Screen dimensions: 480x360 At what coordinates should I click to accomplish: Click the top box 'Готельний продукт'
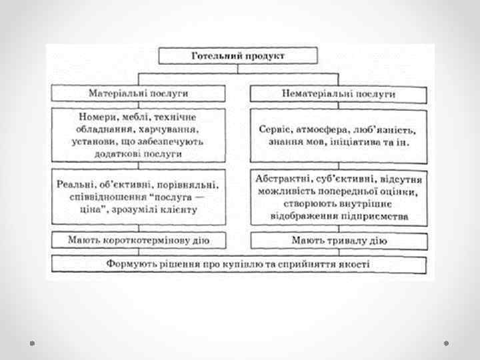point(238,55)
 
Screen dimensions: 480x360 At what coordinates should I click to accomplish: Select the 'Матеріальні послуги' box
point(139,91)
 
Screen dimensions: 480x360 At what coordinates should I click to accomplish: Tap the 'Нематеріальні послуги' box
point(338,94)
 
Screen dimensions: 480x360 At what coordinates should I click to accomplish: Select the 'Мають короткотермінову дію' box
point(139,239)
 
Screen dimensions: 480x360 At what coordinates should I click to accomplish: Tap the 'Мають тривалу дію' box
point(339,239)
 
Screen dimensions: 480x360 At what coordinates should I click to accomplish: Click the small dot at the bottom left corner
point(32,342)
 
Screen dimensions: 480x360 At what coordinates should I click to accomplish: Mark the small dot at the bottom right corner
point(447,342)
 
